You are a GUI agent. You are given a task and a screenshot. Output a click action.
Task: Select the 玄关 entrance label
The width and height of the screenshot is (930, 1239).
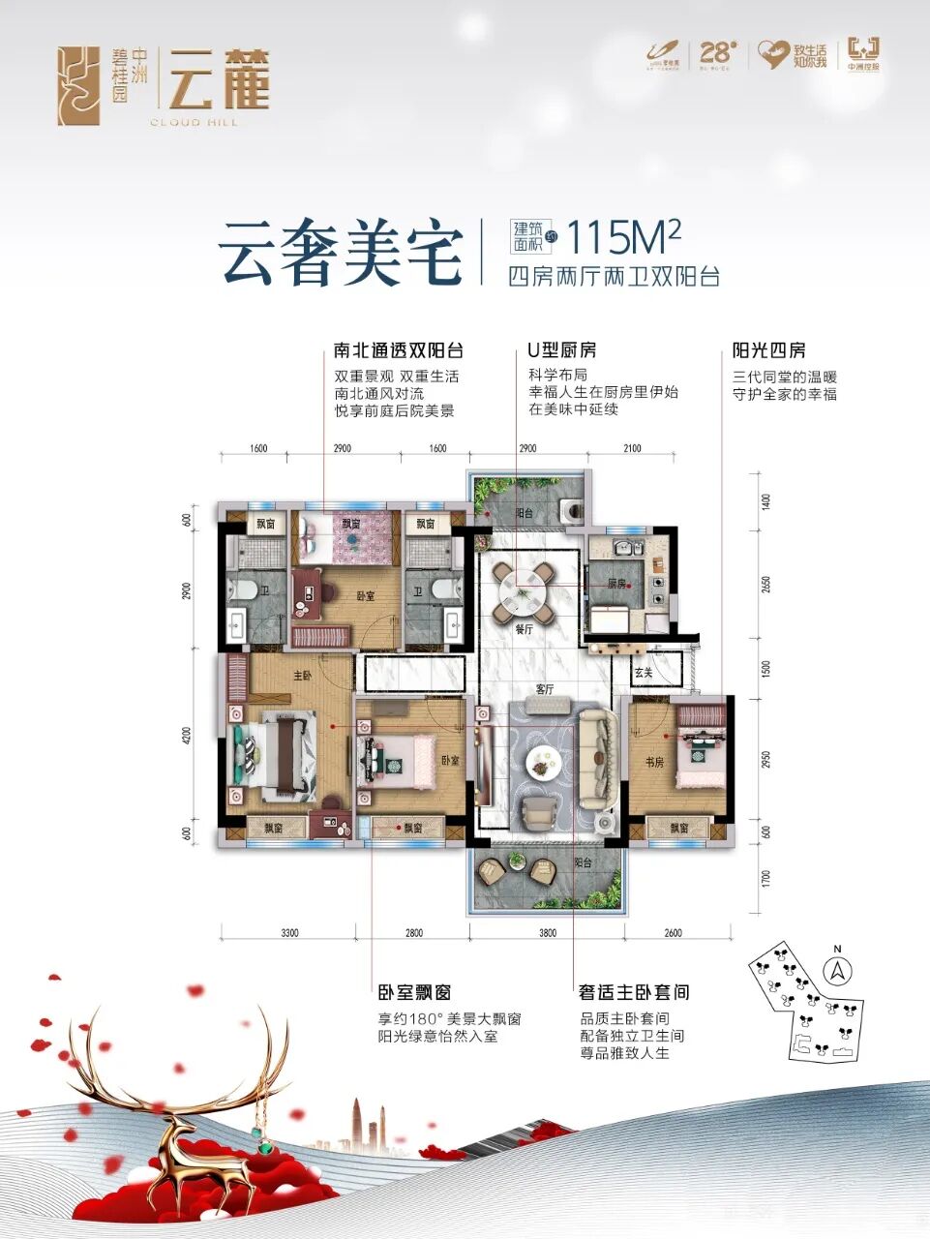645,671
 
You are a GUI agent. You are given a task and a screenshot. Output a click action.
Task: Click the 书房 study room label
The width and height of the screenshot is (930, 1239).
654,763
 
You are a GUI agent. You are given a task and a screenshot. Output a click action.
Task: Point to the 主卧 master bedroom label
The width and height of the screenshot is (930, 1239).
302,677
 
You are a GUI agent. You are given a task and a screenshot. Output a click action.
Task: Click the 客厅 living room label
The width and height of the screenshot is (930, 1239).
545,690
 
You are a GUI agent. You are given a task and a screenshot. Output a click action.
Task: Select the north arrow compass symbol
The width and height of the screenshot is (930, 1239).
837,967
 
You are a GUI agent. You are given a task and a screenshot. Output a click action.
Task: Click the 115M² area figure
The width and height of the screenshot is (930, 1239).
624,237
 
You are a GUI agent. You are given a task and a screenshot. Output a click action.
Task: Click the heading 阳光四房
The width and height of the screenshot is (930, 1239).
769,350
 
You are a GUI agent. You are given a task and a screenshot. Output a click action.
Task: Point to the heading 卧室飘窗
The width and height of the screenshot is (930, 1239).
414,993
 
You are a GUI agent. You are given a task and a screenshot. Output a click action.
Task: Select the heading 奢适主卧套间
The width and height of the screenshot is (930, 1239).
634,993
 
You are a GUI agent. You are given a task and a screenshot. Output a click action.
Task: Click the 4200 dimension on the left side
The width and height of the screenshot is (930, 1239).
186,738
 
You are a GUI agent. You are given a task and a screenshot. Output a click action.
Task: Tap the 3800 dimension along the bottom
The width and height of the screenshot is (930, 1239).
548,933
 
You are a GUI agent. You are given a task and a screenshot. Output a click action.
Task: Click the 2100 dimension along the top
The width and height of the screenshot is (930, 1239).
631,449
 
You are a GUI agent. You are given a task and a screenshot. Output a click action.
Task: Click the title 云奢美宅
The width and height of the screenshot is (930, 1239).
340,253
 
